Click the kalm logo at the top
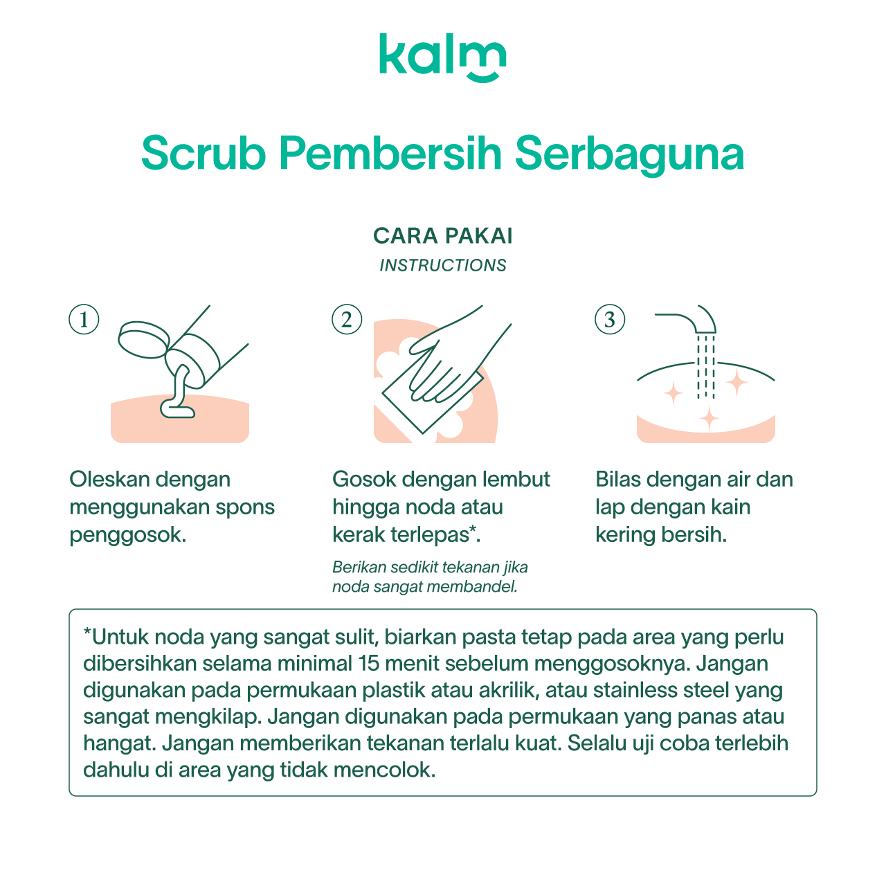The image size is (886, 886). tap(442, 57)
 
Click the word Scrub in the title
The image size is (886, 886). tap(204, 153)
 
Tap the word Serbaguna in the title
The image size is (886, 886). tap(629, 155)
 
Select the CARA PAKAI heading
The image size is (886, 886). tap(443, 236)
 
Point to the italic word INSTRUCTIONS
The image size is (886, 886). tap(443, 265)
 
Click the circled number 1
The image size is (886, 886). tap(84, 319)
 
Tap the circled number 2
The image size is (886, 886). tap(347, 319)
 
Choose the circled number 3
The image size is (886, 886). tap(610, 319)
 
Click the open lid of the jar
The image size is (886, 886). tap(143, 340)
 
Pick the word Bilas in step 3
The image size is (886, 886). tap(618, 480)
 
